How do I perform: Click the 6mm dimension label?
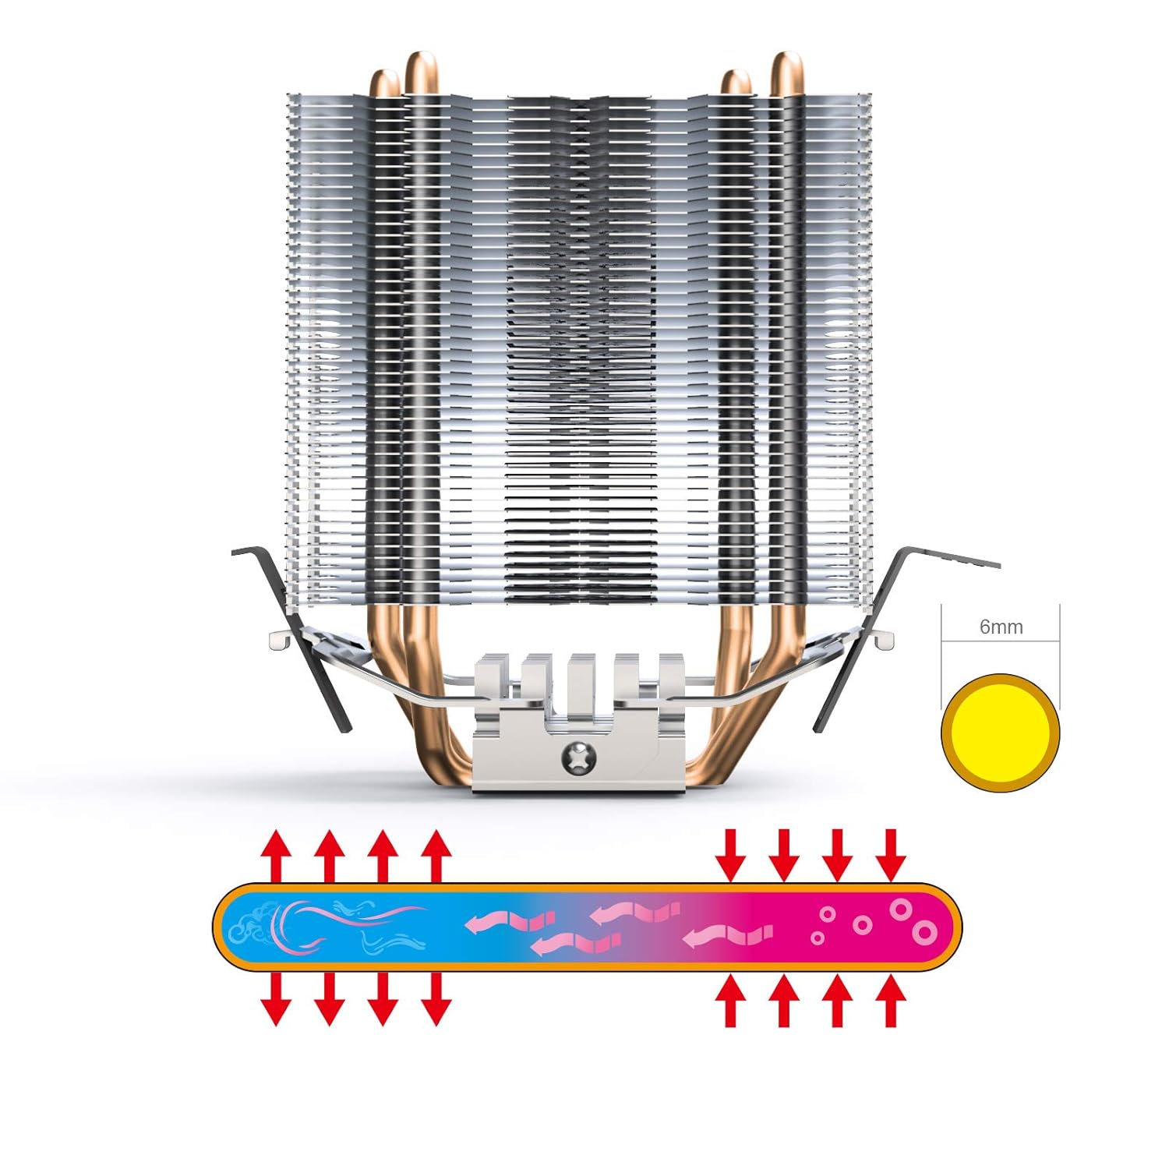[1001, 627]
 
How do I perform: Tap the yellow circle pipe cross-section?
[1001, 733]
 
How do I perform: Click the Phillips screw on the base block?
[579, 756]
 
